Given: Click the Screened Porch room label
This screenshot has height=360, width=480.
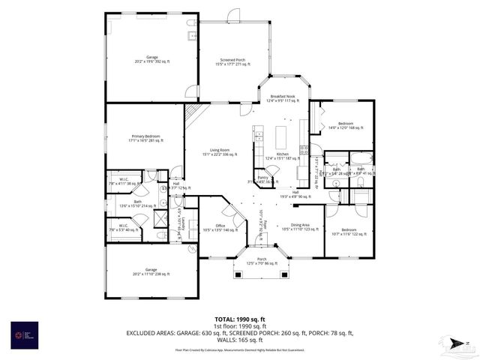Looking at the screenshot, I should (x=232, y=61).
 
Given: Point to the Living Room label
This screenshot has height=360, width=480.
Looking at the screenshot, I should (x=219, y=152).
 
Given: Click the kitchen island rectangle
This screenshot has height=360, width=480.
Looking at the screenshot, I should (x=282, y=139).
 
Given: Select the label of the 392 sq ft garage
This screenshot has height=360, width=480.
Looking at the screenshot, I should (x=151, y=59).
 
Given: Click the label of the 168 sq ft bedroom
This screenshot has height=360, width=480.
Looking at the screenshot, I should (x=345, y=125).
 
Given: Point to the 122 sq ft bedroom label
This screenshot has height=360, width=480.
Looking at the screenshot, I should (x=349, y=232).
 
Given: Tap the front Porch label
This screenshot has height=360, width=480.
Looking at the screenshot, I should (x=261, y=262).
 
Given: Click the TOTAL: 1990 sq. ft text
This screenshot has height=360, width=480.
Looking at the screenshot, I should (x=239, y=319).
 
